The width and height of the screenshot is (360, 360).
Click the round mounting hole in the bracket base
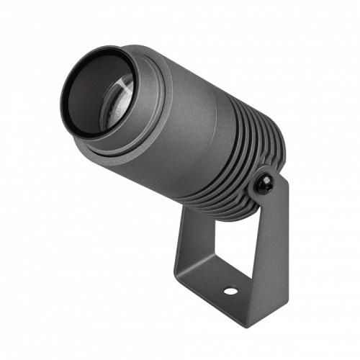230,291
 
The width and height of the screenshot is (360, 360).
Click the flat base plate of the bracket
216,284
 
